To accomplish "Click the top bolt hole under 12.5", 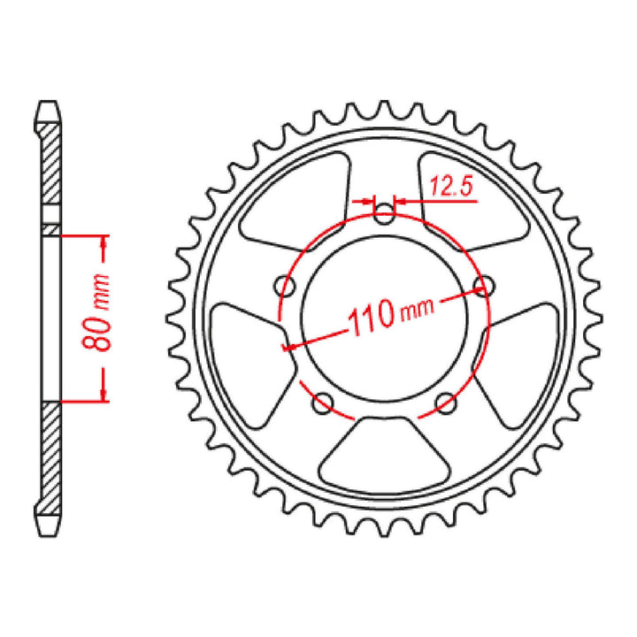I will pos(383,213).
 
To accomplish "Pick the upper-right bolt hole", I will pos(482,285).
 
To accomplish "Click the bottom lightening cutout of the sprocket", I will pos(384,450).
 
